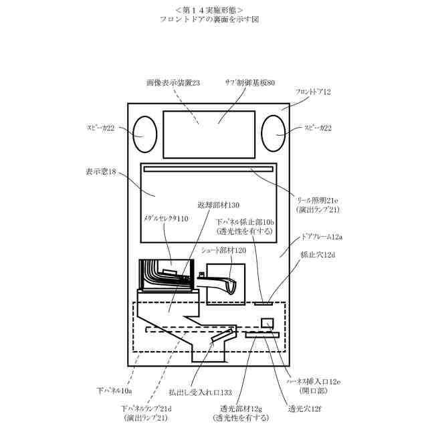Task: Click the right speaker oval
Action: [273, 134]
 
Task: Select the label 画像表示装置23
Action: [173, 83]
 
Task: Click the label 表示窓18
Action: [101, 171]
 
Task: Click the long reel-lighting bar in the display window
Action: [209, 169]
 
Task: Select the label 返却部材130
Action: [218, 205]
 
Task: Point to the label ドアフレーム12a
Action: [322, 237]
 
